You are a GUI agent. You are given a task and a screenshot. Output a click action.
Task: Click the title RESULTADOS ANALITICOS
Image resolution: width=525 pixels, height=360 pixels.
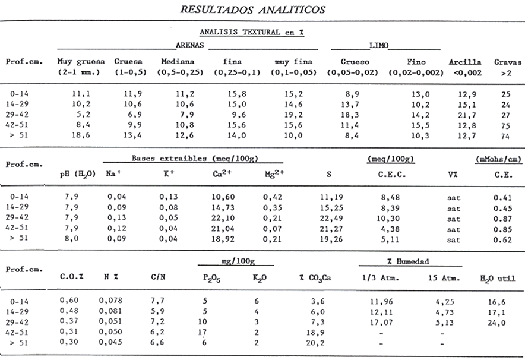click(x=253, y=10)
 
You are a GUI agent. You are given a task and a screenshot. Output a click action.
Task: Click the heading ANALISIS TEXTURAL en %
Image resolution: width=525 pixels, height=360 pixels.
click(x=252, y=32)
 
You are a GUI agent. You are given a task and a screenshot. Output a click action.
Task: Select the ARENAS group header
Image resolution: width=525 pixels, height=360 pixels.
click(x=190, y=45)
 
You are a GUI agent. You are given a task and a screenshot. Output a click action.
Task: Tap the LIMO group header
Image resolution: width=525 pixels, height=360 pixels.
click(x=379, y=45)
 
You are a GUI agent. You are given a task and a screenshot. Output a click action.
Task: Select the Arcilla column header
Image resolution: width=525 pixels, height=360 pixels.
click(x=465, y=62)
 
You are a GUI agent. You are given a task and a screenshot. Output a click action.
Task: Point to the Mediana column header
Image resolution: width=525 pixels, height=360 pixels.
click(x=178, y=62)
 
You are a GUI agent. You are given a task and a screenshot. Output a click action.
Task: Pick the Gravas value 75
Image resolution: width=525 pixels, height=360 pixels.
click(x=505, y=125)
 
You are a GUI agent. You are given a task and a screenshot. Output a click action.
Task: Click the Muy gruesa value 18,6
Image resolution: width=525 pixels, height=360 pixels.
click(x=81, y=135)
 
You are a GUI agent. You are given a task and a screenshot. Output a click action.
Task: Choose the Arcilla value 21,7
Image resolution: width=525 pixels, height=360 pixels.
click(x=467, y=115)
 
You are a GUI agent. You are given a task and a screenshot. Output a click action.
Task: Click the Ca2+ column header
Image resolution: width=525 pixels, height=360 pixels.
click(x=222, y=174)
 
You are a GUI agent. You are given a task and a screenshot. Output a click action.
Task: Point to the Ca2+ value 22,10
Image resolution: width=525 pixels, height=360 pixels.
click(x=223, y=219)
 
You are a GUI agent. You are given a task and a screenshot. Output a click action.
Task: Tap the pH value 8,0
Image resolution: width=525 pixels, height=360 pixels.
click(x=71, y=238)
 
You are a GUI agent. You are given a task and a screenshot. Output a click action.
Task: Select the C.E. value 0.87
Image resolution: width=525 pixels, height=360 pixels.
click(x=502, y=219)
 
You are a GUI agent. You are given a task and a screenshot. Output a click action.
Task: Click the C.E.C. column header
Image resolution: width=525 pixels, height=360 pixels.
click(x=392, y=175)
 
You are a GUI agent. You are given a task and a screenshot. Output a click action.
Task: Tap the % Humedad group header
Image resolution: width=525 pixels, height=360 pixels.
click(x=408, y=261)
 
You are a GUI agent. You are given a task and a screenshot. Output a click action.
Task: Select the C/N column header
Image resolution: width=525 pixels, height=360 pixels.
click(x=158, y=277)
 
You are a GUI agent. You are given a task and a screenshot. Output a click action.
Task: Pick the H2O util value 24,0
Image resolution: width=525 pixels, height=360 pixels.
click(x=496, y=323)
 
